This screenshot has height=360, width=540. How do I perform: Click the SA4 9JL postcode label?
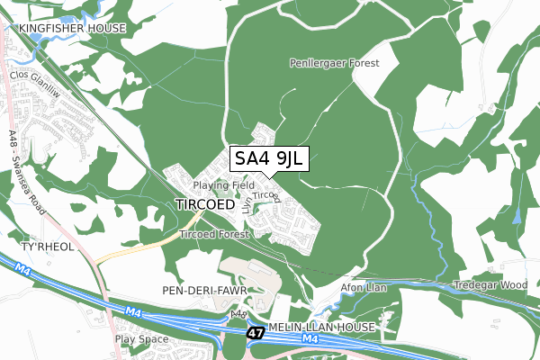pos(269,159)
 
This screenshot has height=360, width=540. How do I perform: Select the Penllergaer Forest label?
pos(335,64)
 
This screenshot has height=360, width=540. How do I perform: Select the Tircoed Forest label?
pos(212,234)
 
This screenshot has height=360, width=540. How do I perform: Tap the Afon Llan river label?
pos(362,287)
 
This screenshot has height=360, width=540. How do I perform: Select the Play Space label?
pos(141,340)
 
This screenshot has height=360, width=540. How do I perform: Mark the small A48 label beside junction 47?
pos(238,314)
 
